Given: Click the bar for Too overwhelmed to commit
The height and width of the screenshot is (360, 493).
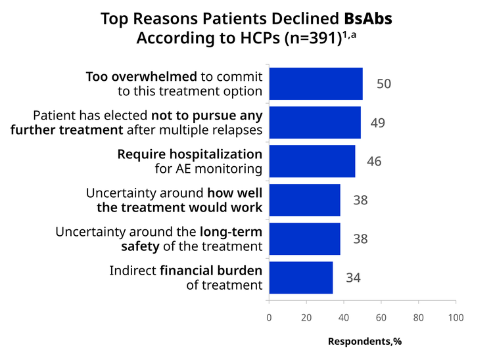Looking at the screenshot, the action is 316,83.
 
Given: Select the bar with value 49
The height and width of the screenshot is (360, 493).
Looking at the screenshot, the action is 315,122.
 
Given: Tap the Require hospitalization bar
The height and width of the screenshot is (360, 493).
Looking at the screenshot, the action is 312,161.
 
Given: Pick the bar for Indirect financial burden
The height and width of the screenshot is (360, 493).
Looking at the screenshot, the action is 301,278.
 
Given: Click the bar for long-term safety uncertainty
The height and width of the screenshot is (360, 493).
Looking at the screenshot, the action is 304,238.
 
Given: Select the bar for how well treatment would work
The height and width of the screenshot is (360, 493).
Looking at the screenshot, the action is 304,200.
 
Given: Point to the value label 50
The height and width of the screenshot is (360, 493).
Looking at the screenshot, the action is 384,84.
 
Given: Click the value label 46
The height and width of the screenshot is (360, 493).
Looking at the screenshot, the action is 374,162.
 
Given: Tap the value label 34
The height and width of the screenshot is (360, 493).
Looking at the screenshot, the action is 354,278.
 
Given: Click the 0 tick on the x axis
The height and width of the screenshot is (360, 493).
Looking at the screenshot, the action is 269,317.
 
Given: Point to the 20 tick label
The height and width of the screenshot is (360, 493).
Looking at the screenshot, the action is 306,317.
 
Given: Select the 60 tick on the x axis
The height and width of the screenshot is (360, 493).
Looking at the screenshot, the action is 381,317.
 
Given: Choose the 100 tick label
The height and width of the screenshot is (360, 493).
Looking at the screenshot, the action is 456,317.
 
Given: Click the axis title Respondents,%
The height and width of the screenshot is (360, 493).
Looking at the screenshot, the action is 365,342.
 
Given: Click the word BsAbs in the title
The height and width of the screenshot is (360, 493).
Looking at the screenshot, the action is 368,18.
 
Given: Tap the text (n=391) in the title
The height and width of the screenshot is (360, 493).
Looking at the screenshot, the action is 313,38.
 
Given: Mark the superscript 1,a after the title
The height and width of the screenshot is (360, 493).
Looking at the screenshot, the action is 349,35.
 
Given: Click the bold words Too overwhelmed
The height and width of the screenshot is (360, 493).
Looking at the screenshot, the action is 141,77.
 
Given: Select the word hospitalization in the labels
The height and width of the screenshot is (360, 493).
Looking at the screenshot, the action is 216,154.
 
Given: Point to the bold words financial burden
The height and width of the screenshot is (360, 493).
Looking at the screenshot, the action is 211,271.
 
